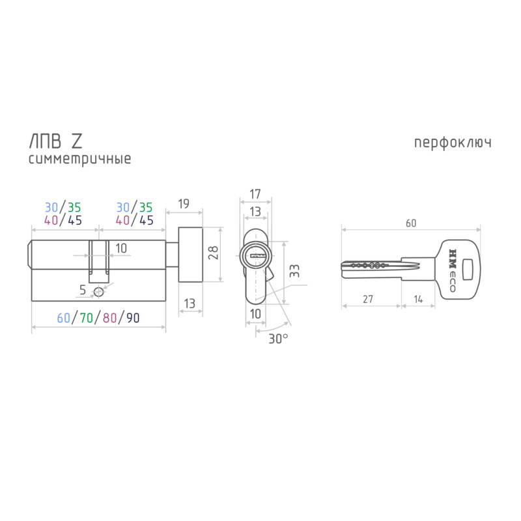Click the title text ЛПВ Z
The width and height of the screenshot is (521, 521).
click(x=56, y=141)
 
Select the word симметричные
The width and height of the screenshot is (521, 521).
click(x=79, y=159)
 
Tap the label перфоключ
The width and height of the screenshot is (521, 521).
click(x=453, y=143)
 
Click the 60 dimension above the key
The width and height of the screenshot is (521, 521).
click(x=411, y=223)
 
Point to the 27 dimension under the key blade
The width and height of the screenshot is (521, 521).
click(x=368, y=299)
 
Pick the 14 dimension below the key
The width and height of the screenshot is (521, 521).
click(x=418, y=299)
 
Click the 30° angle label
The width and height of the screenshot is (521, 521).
click(x=278, y=339)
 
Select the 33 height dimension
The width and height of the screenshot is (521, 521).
click(x=294, y=271)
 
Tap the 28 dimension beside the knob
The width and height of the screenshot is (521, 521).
click(x=213, y=253)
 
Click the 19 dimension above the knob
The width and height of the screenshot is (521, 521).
click(x=184, y=203)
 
